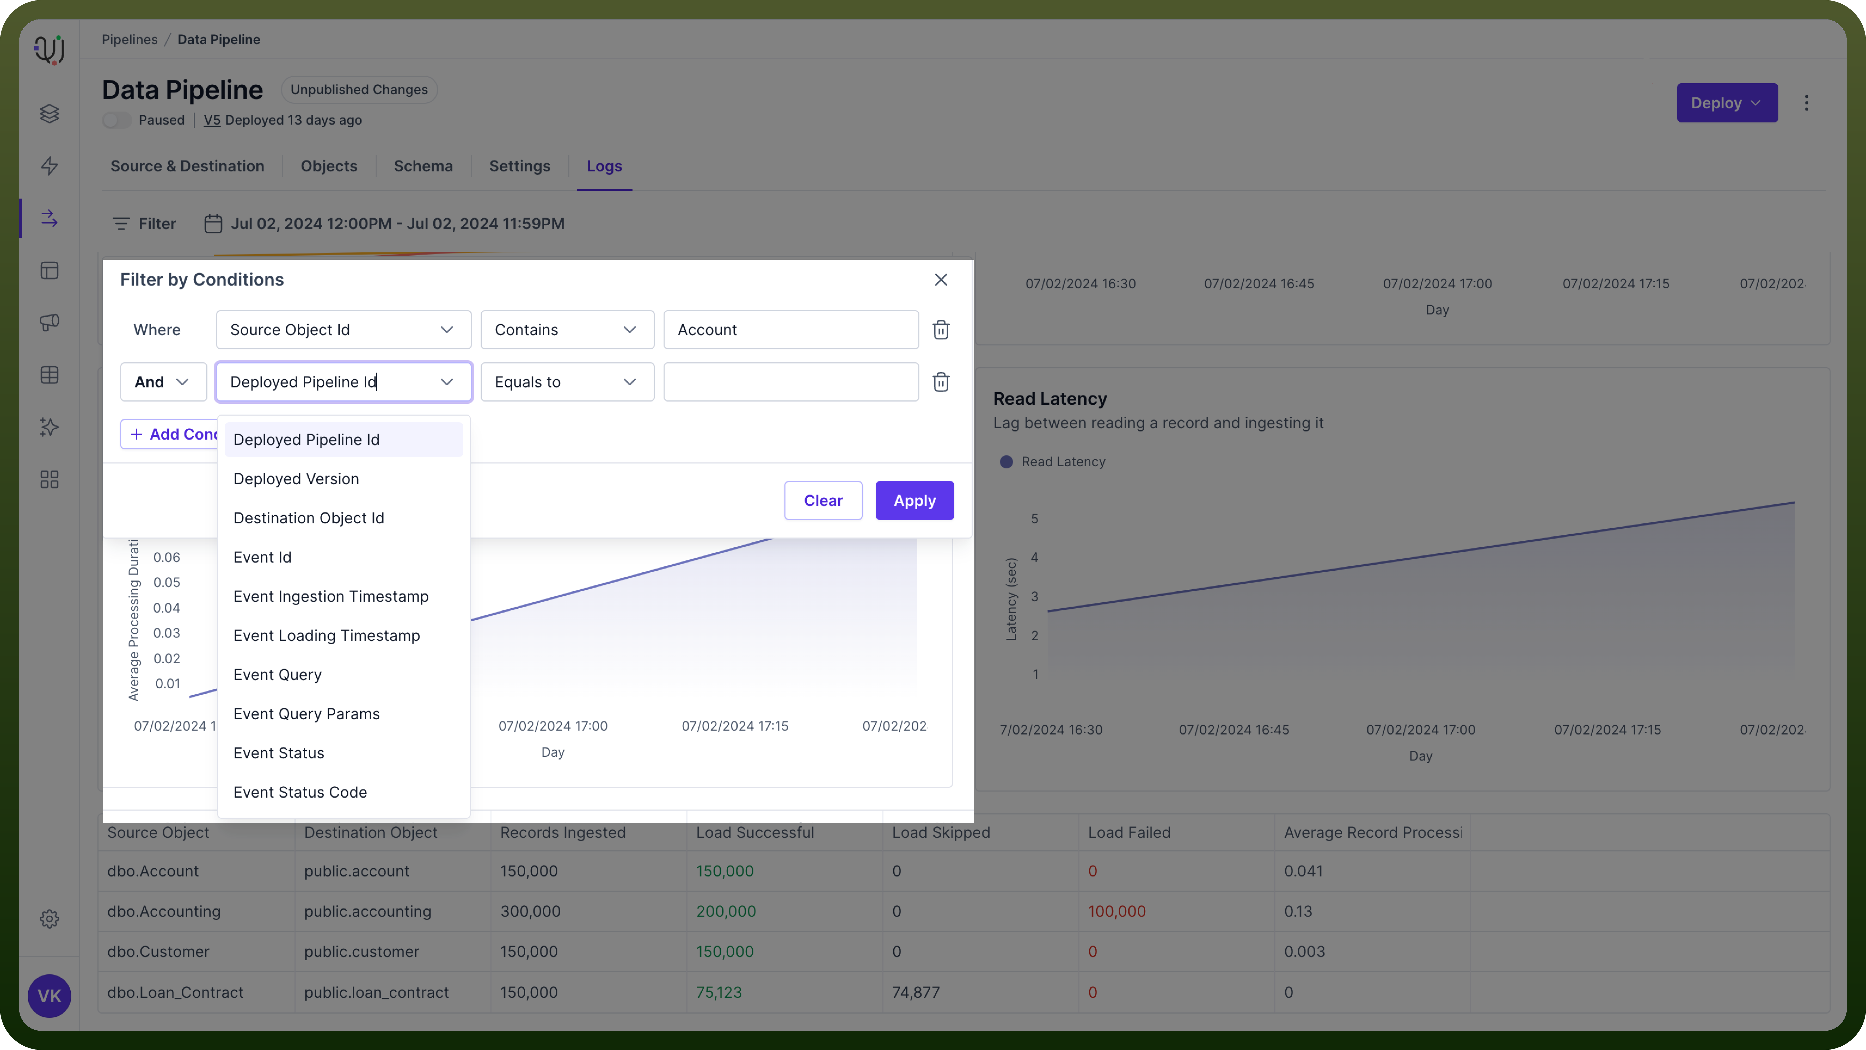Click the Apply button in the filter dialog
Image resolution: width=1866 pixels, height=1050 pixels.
click(x=914, y=500)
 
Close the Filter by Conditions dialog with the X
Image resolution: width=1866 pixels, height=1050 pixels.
click(x=941, y=280)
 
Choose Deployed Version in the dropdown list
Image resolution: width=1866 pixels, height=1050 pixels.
click(x=296, y=479)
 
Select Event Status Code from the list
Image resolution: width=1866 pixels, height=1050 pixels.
click(x=300, y=792)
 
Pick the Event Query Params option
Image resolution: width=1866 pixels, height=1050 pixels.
click(x=306, y=714)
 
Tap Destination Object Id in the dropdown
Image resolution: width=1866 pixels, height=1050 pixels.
click(x=309, y=518)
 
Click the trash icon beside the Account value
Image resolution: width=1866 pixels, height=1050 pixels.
click(x=941, y=330)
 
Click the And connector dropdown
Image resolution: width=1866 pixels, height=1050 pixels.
click(x=163, y=382)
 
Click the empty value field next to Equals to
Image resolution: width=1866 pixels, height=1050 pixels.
click(x=791, y=382)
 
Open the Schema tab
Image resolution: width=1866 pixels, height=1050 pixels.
click(x=423, y=166)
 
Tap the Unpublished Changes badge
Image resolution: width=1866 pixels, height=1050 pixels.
click(x=359, y=90)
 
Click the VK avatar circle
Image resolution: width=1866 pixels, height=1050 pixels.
click(x=49, y=996)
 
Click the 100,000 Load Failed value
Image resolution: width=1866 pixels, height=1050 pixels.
click(x=1116, y=911)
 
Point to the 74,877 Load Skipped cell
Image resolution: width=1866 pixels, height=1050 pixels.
click(x=916, y=992)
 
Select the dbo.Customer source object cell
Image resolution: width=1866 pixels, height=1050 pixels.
click(x=158, y=952)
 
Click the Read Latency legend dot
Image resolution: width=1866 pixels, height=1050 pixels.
click(x=1006, y=462)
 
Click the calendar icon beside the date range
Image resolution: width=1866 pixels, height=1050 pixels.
click(x=213, y=224)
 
